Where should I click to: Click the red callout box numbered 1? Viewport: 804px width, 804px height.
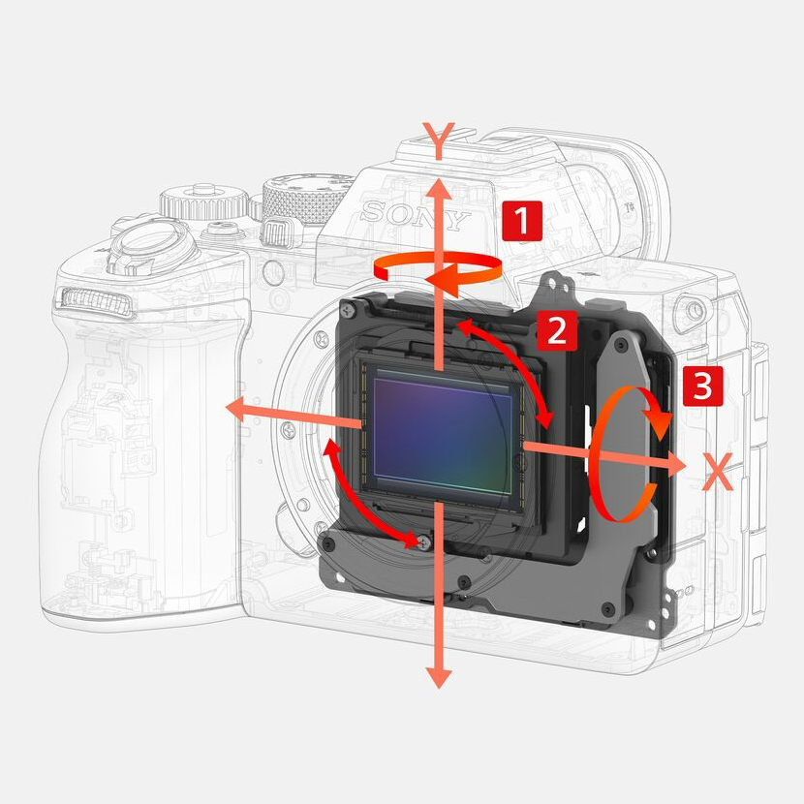[521, 221]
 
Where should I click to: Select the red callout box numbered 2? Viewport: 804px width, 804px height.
[557, 331]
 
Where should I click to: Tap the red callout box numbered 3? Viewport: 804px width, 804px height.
[702, 386]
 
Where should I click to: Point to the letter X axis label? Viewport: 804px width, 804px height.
[718, 472]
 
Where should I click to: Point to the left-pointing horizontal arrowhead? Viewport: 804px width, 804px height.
[237, 410]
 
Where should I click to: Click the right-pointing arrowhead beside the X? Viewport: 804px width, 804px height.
[676, 465]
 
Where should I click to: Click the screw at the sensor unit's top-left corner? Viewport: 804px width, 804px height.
[349, 309]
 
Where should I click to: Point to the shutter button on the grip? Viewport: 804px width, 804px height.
[154, 241]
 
